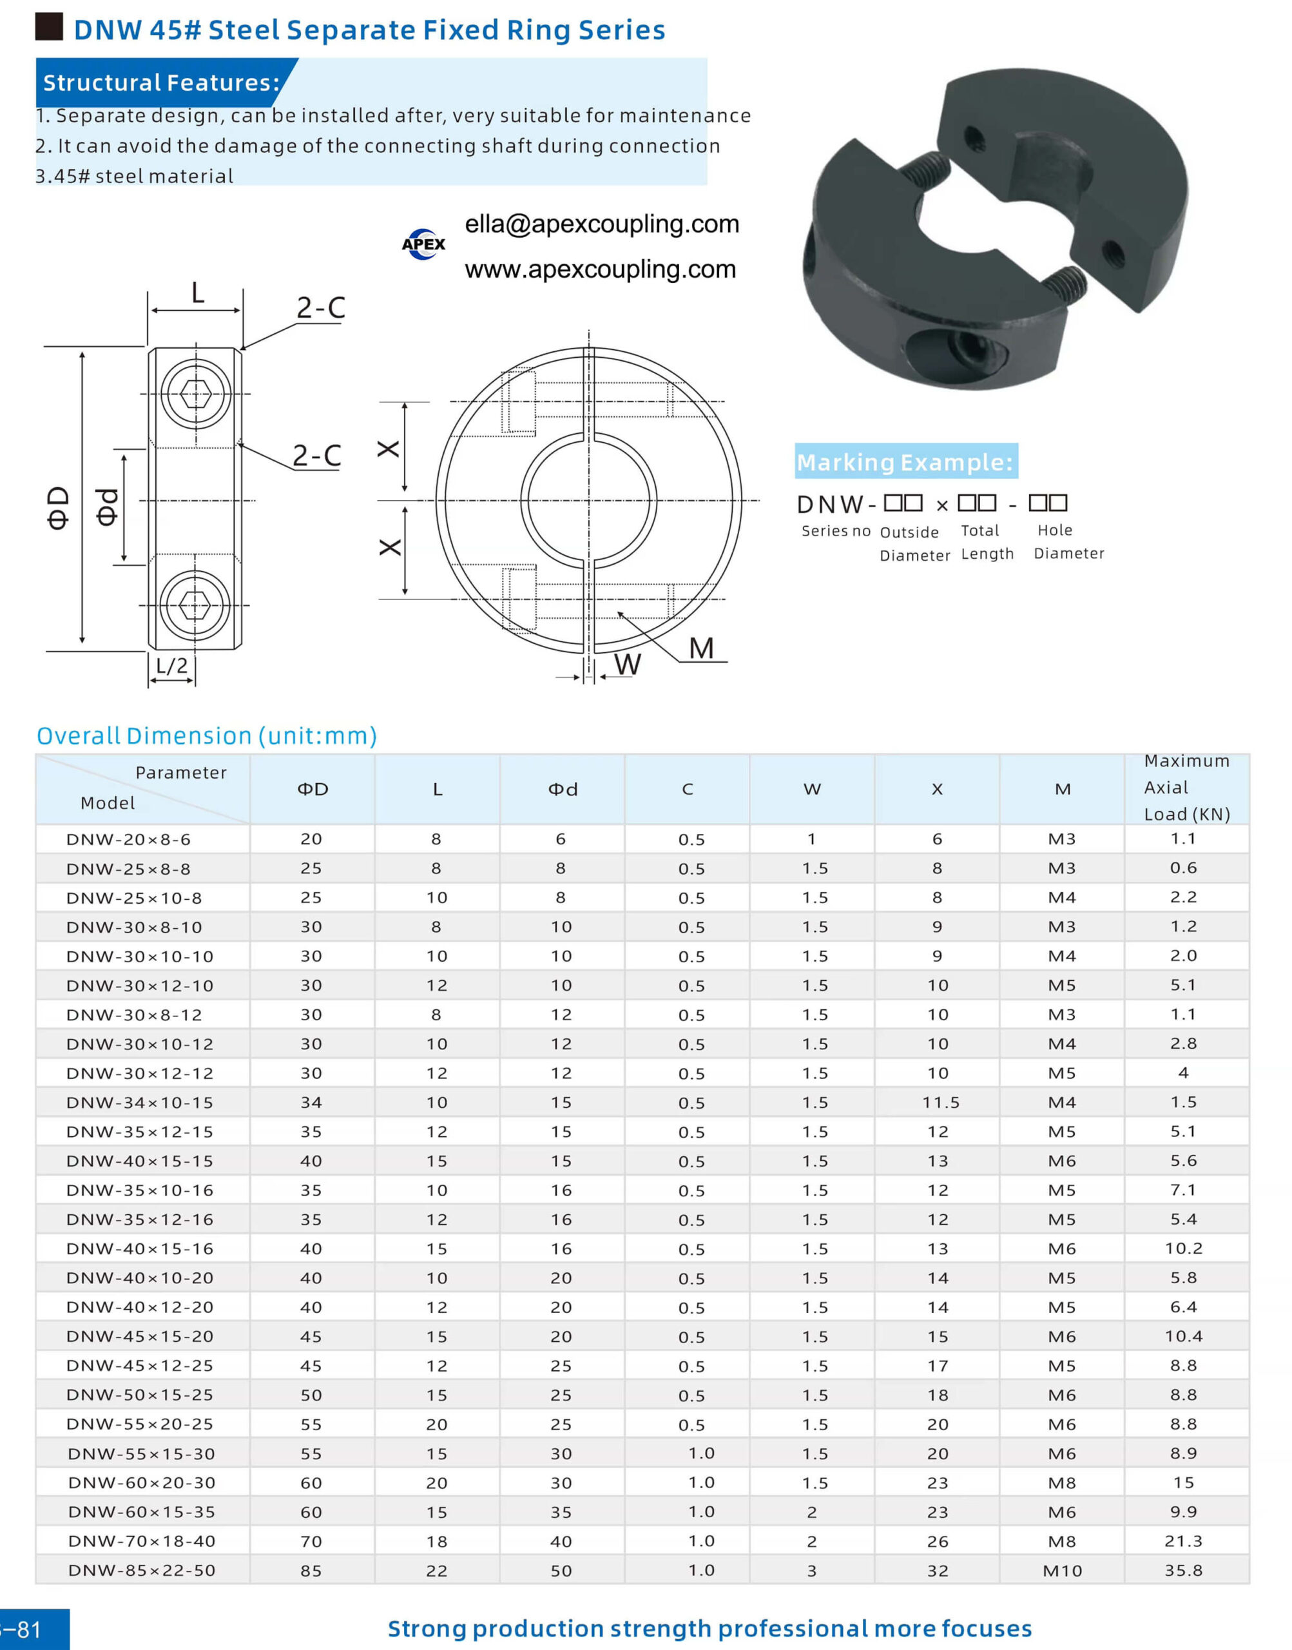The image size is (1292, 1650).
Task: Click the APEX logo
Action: point(423,244)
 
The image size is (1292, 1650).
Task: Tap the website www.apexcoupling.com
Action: point(600,269)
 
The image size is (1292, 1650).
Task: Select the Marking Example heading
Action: point(905,461)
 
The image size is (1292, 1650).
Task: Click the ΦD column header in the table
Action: point(313,789)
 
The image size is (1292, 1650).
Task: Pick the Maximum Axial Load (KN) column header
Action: point(1187,788)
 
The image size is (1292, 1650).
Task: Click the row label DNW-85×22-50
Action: point(142,1570)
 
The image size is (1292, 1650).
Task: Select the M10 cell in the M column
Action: point(1062,1571)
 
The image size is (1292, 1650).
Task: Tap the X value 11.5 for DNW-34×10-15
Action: point(940,1102)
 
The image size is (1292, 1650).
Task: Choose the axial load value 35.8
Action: point(1184,1570)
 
